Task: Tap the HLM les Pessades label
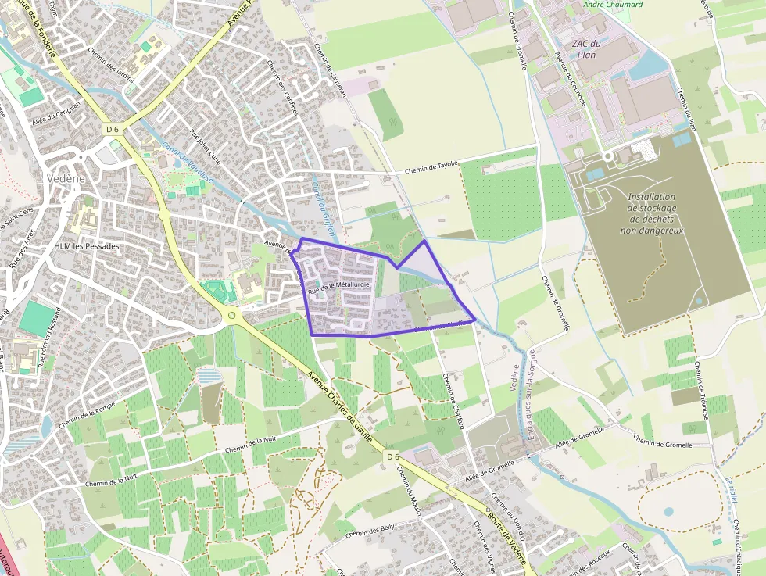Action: click(87, 246)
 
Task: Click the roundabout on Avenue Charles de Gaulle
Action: click(232, 316)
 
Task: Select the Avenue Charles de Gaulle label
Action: click(342, 406)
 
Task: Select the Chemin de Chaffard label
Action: click(453, 401)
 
